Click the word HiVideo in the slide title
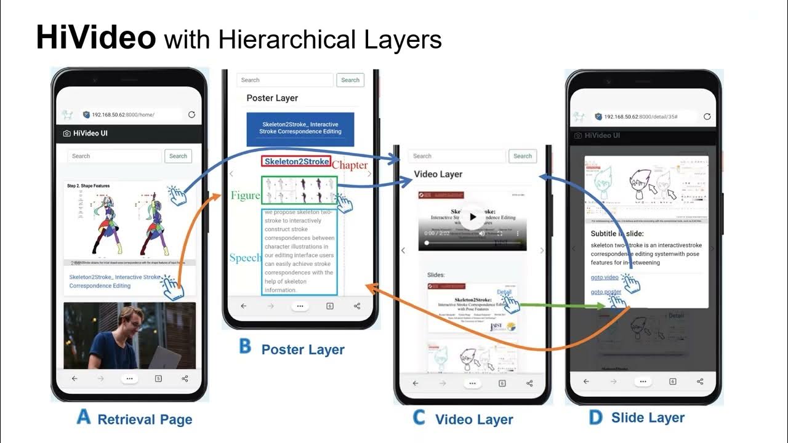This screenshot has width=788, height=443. pyautogui.click(x=95, y=38)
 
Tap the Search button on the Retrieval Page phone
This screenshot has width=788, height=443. pyautogui.click(x=178, y=156)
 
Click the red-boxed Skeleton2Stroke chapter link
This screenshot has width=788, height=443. pyautogui.click(x=297, y=162)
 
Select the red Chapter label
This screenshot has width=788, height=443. pyautogui.click(x=350, y=165)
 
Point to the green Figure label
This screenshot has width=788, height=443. pyautogui.click(x=245, y=196)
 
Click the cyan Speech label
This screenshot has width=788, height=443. pyautogui.click(x=245, y=258)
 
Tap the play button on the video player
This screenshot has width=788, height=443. pyautogui.click(x=472, y=217)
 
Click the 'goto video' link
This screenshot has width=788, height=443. pyautogui.click(x=605, y=277)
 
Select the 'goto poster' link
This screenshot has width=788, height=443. pyautogui.click(x=605, y=292)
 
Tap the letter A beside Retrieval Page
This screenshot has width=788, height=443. pyautogui.click(x=83, y=418)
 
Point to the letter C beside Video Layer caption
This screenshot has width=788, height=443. pyautogui.click(x=419, y=418)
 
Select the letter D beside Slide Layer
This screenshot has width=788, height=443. pyautogui.click(x=595, y=418)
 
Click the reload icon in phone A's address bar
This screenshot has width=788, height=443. pyautogui.click(x=191, y=114)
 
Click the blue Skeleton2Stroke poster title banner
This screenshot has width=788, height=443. pyautogui.click(x=300, y=128)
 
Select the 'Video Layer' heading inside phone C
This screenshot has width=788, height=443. pyautogui.click(x=438, y=174)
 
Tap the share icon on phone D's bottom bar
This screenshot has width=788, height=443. pyautogui.click(x=700, y=381)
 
